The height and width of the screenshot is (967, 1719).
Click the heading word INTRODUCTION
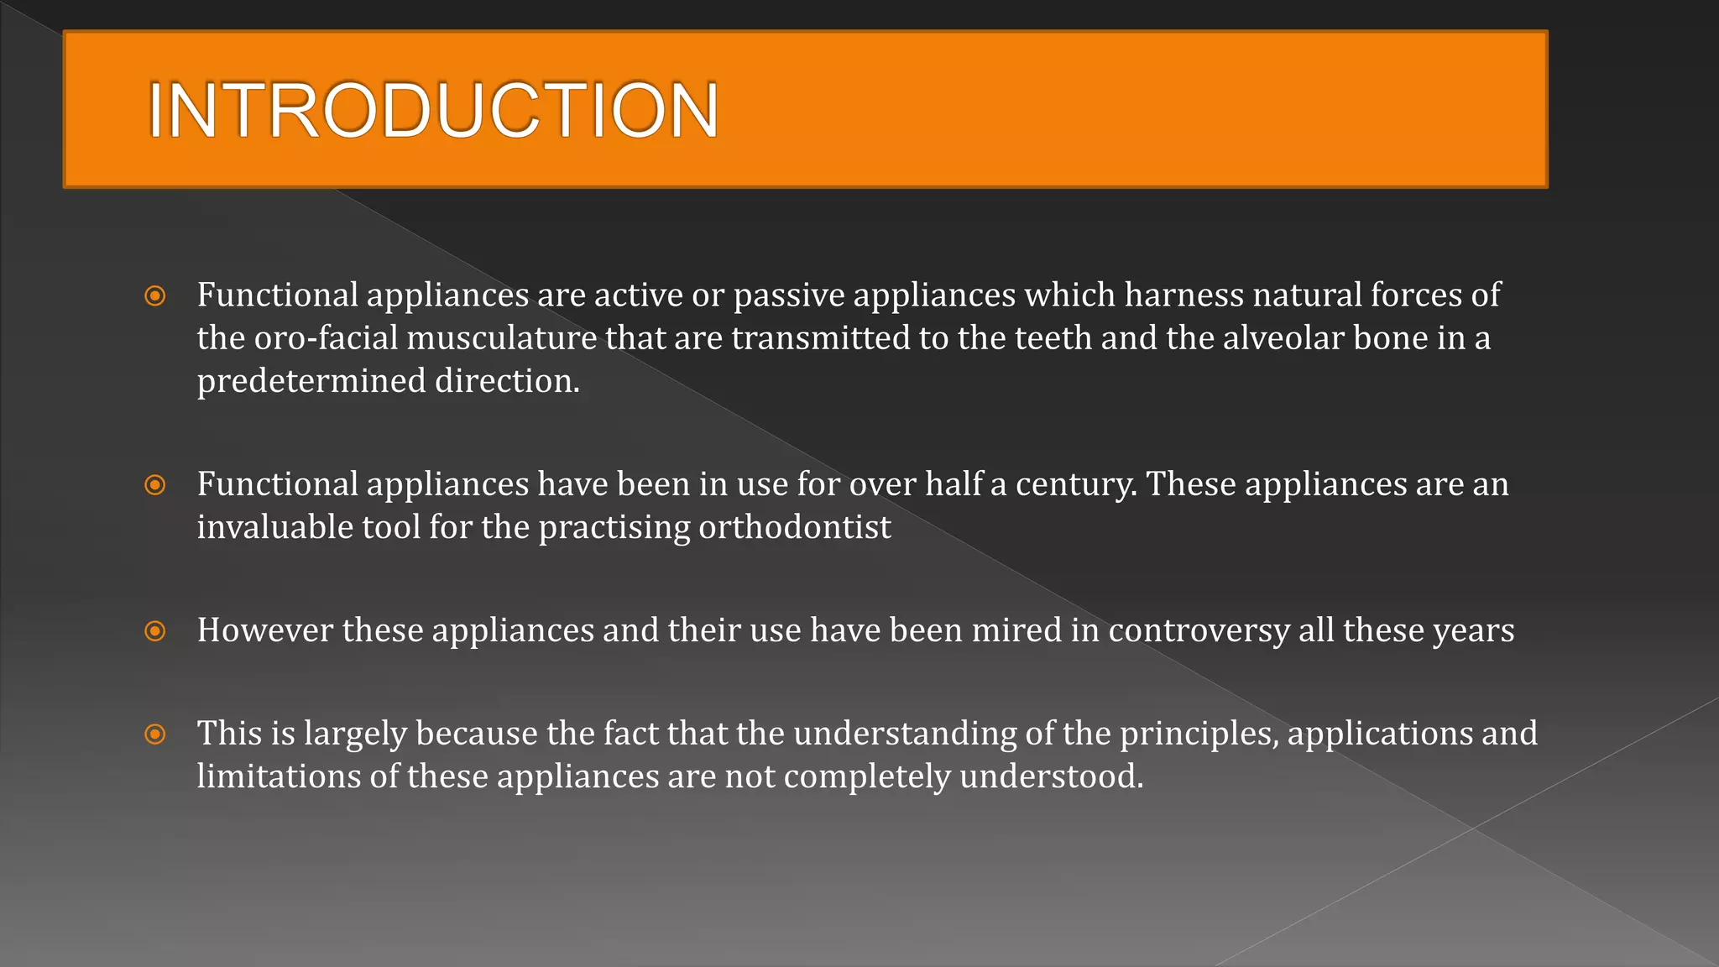pyautogui.click(x=432, y=110)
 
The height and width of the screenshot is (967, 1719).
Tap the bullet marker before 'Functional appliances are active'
pyautogui.click(x=155, y=295)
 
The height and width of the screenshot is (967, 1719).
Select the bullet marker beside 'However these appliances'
pyautogui.click(x=155, y=630)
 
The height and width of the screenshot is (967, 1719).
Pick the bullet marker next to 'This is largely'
pyautogui.click(x=155, y=734)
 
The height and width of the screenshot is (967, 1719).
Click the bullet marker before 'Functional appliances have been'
pyautogui.click(x=155, y=484)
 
